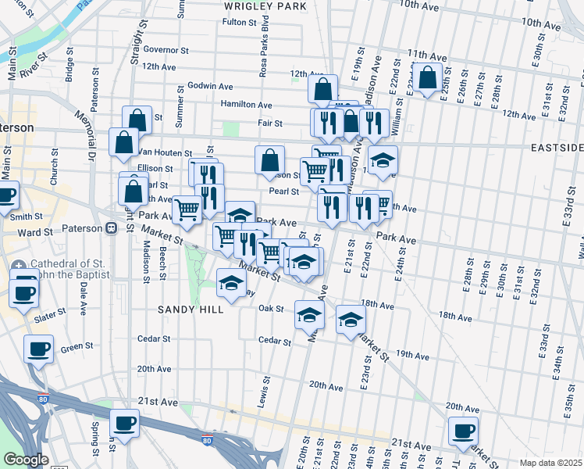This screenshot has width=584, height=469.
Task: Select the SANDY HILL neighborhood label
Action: coord(191,310)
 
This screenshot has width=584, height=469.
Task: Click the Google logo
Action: coord(26,460)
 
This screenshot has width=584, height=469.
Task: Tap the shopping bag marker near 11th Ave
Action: coord(428,78)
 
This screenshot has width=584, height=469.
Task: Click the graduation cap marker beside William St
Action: coord(383,161)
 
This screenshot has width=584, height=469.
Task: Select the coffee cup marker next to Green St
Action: coord(38,349)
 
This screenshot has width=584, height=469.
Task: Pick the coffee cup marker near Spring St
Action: coord(124,424)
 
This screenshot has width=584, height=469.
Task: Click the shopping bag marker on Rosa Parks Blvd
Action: coord(269,160)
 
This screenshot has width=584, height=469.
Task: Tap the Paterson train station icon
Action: coord(111,228)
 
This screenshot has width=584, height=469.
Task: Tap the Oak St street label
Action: coord(270,309)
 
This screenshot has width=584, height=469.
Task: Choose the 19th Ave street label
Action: coord(413,356)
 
